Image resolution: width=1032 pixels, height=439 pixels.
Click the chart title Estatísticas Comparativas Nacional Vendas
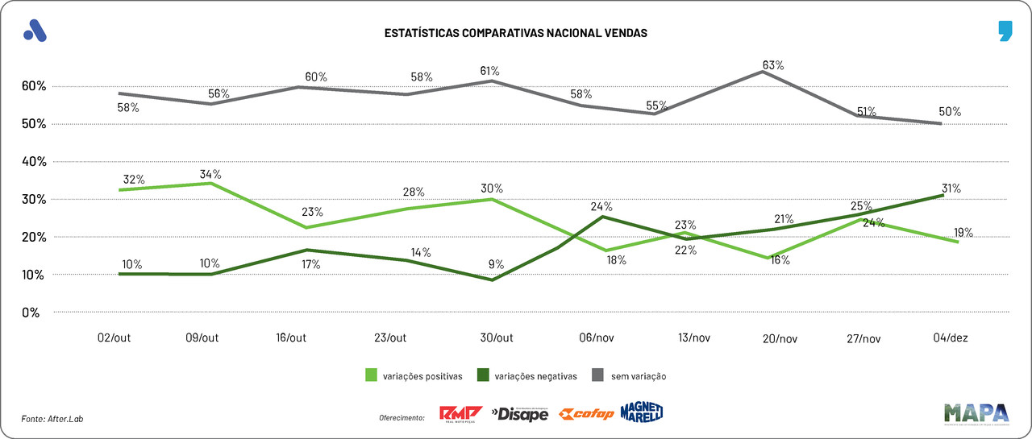pyautogui.click(x=516, y=33)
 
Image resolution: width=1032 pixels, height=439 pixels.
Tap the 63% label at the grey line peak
pyautogui.click(x=774, y=65)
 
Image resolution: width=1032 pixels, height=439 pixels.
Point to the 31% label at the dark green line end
pyautogui.click(x=950, y=188)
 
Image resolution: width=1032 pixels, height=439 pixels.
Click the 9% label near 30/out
pyautogui.click(x=496, y=263)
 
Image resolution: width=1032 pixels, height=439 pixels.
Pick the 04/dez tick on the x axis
pyautogui.click(x=950, y=338)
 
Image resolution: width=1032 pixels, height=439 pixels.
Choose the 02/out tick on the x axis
pyautogui.click(x=114, y=338)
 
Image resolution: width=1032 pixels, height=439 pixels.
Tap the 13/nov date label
pyautogui.click(x=693, y=338)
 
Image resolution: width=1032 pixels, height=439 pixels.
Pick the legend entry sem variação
pyautogui.click(x=630, y=375)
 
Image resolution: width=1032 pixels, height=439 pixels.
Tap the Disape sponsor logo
pyautogui.click(x=519, y=414)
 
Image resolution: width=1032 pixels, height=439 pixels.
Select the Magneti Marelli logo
pyautogui.click(x=642, y=412)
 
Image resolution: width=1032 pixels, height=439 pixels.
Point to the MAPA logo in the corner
pyautogui.click(x=976, y=412)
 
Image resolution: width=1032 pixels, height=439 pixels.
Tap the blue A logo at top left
pyautogui.click(x=35, y=31)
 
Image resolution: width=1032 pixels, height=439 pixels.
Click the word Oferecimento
pyautogui.click(x=402, y=417)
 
